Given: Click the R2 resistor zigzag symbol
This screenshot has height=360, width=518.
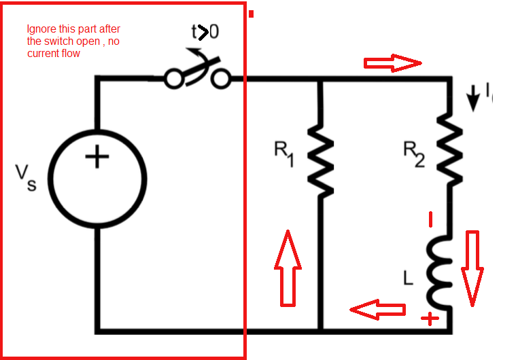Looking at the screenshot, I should point(449,145).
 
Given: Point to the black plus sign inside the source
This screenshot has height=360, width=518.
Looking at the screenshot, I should point(97,158).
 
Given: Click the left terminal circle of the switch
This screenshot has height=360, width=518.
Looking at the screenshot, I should point(173,79).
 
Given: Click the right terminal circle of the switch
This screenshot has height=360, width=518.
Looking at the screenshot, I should point(220,79).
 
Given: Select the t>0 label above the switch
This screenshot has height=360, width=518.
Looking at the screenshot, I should point(205,31).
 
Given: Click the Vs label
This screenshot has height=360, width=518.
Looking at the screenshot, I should point(27,178).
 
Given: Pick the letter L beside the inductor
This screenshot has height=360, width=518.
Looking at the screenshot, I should point(408,278).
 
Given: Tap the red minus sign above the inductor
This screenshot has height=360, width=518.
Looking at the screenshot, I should point(430,219).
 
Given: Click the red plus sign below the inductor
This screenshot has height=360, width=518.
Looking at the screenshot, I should point(430,318).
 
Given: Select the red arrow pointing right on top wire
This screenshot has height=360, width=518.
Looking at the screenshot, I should point(393,63).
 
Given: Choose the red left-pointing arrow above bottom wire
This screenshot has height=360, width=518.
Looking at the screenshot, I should point(377,309).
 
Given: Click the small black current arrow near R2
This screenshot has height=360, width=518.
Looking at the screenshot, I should point(473,99).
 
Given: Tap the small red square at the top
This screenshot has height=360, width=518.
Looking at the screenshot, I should point(252,13).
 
